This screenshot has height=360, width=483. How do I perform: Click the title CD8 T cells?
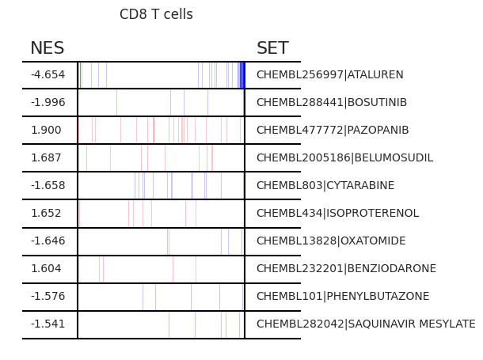click(156, 14)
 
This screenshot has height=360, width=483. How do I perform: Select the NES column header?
click(48, 48)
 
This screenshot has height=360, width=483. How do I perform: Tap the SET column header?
click(272, 48)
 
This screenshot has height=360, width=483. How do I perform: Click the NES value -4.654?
click(48, 74)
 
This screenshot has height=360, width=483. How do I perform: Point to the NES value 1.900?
click(46, 130)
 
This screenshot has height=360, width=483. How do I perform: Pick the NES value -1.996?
click(48, 102)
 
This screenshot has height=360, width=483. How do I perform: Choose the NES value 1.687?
click(46, 157)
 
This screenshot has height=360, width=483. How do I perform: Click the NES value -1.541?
click(48, 324)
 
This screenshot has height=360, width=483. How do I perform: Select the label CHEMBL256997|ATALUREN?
click(330, 74)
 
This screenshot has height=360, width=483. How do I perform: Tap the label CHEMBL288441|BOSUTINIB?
click(332, 102)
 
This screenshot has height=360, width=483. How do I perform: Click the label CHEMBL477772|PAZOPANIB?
click(333, 130)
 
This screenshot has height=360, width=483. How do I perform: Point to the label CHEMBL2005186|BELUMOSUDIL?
click(345, 157)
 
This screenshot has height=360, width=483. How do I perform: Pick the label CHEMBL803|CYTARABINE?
click(325, 185)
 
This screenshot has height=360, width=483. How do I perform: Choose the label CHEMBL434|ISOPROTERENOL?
click(338, 213)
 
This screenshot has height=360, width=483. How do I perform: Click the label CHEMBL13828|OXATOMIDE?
click(331, 241)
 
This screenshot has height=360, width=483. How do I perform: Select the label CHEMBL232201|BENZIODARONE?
click(347, 268)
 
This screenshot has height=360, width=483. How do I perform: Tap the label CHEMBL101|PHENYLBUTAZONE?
click(343, 296)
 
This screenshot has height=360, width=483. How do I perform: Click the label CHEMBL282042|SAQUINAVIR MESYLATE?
click(366, 324)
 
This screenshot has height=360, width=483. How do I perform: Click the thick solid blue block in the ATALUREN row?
click(242, 75)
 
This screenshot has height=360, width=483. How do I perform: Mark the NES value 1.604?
click(46, 268)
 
